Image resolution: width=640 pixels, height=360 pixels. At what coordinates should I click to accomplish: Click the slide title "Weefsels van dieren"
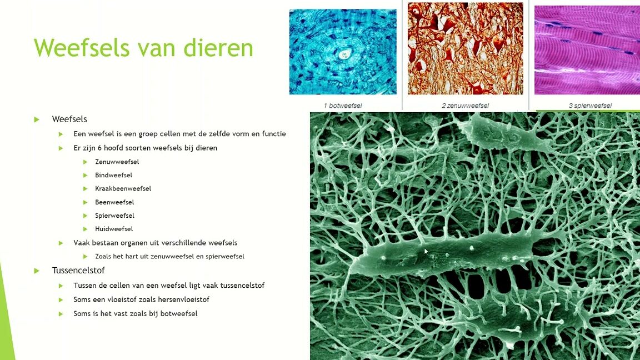click(143, 48)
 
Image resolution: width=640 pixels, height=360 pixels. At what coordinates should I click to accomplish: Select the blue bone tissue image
click(343, 52)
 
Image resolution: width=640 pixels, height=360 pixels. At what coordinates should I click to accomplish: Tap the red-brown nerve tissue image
click(466, 48)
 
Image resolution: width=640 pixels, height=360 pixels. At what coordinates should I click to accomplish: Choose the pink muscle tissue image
click(587, 50)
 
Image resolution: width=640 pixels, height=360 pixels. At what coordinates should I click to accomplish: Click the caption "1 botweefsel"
click(343, 106)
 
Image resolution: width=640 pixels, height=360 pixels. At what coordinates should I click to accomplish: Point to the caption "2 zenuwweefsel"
click(466, 106)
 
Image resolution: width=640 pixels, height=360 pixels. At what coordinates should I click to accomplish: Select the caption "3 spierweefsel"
click(590, 106)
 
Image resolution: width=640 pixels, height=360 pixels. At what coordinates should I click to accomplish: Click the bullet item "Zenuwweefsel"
click(117, 162)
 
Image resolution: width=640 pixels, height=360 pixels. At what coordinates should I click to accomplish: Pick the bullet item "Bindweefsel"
click(114, 175)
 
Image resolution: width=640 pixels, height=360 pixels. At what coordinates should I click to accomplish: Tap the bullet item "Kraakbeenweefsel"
click(123, 188)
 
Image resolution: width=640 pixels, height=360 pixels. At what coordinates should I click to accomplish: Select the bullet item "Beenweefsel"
click(114, 202)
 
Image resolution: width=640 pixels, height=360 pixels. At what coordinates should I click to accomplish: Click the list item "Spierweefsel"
click(114, 216)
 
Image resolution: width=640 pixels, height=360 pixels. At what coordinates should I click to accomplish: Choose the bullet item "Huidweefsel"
click(114, 229)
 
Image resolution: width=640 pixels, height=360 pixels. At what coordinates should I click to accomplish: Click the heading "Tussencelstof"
click(78, 270)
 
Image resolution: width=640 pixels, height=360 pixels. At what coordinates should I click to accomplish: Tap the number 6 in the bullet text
click(99, 148)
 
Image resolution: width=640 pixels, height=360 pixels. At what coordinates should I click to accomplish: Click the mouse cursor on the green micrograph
click(426, 252)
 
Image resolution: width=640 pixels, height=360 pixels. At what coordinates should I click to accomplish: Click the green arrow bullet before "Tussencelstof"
click(37, 271)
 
